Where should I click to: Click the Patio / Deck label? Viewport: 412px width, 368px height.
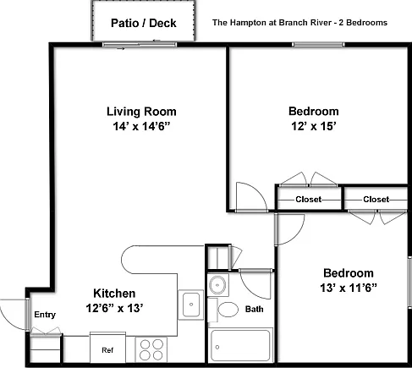(144, 23)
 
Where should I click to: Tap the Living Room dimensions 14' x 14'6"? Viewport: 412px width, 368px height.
(141, 126)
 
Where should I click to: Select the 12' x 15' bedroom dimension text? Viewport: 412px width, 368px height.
(314, 126)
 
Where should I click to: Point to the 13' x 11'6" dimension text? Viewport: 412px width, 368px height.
(349, 288)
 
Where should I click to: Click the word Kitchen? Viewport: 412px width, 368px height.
(114, 294)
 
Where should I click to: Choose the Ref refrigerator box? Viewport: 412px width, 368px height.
(107, 348)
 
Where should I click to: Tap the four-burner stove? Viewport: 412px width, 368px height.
(151, 349)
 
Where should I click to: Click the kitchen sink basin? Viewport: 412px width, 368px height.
(191, 305)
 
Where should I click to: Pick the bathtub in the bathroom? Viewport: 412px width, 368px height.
(240, 345)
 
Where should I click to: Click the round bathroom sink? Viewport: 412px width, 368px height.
(217, 285)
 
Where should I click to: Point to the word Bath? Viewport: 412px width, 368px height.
(255, 309)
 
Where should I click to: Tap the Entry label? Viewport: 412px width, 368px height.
(45, 315)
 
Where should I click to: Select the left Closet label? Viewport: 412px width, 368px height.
(309, 200)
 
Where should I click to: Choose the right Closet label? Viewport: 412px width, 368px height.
(376, 200)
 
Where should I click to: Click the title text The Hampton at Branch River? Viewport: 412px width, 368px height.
(272, 23)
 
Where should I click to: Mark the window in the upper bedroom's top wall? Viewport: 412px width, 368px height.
(318, 45)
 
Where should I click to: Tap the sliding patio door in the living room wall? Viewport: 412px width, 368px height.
(140, 44)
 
